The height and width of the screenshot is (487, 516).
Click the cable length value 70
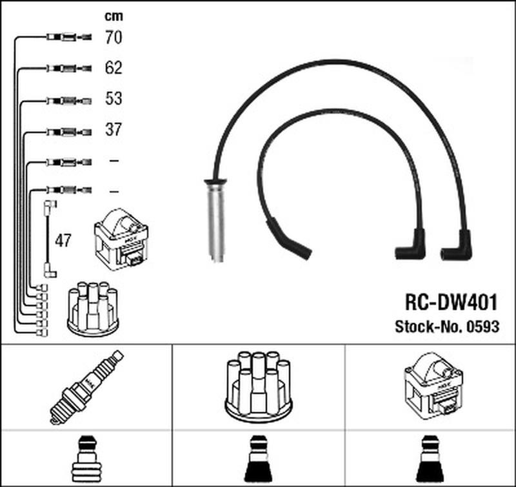point(114,37)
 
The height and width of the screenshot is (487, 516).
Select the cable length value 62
point(114,68)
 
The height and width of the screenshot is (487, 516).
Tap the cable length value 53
point(114,99)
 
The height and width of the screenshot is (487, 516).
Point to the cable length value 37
point(114,129)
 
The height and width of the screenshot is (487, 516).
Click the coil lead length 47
point(63,240)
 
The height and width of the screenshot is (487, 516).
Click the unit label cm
point(114,16)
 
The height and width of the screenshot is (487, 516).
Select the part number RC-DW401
point(451,302)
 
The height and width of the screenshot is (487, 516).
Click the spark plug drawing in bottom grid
point(86,388)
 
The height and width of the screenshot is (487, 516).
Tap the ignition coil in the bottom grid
point(433,386)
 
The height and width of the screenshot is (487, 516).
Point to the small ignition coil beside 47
point(121,240)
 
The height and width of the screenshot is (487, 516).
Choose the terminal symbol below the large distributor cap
point(259,459)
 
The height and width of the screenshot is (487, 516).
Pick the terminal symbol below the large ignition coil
point(430,459)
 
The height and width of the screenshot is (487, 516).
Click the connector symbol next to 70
point(69,37)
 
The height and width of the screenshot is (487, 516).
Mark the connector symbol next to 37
point(69,132)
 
